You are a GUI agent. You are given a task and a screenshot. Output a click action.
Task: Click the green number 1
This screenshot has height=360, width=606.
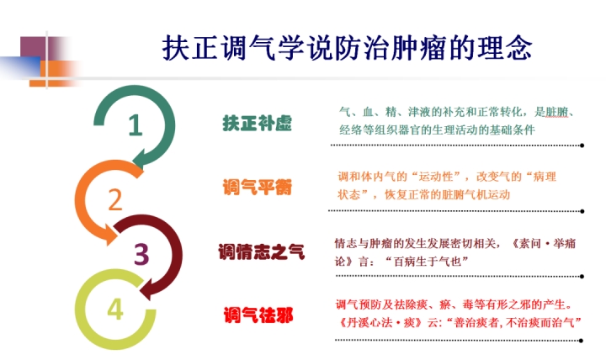tap(136, 124)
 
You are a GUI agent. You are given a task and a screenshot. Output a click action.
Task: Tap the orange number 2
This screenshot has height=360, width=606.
tap(114, 199)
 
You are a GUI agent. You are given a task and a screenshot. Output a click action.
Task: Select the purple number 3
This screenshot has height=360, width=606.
tap(141, 254)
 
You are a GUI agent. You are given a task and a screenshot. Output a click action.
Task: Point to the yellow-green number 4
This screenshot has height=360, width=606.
tap(115, 309)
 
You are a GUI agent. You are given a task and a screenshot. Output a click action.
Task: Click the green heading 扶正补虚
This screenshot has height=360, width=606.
tap(257, 123)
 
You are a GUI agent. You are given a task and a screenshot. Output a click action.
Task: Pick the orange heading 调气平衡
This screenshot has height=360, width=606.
tap(257, 188)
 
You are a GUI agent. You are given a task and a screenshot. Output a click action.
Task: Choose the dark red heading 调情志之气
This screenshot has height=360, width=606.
tap(262, 251)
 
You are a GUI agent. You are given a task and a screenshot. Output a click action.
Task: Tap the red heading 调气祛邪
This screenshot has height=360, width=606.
tap(258, 315)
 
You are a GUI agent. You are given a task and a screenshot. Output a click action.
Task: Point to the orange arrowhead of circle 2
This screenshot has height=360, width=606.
tap(110, 234)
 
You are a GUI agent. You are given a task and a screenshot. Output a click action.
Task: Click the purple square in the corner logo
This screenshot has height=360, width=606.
tap(33, 47)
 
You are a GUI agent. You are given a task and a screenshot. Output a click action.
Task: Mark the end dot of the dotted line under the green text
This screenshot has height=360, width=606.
tap(582, 146)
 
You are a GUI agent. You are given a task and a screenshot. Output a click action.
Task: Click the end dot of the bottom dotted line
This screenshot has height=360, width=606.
tap(582, 341)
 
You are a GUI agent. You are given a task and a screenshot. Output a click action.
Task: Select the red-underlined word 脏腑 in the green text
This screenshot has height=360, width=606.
tap(556, 112)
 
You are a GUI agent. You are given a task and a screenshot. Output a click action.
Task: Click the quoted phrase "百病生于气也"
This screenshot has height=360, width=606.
tap(427, 262)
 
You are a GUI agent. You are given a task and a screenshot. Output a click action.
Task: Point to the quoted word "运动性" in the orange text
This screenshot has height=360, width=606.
tap(436, 177)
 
